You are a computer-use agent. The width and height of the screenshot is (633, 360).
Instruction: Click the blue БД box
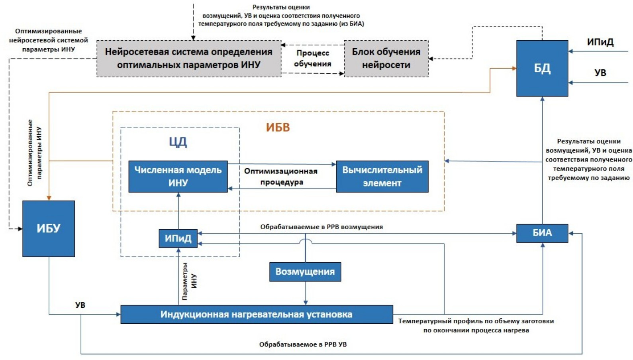click(x=542, y=68)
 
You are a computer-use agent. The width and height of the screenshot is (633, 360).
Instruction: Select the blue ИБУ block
click(x=49, y=228)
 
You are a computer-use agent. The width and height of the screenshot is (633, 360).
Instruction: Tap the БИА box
click(x=542, y=233)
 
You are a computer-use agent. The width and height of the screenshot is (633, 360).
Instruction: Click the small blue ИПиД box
click(x=178, y=238)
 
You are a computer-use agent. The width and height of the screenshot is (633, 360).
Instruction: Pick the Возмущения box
click(x=305, y=272)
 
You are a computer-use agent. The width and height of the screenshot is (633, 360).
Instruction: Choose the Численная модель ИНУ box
click(x=178, y=177)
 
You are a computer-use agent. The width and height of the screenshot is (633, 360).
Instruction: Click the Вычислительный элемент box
click(x=382, y=177)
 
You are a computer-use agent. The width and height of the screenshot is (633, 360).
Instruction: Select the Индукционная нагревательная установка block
click(x=257, y=315)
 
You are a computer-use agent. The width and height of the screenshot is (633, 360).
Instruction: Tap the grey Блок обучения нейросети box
click(x=386, y=59)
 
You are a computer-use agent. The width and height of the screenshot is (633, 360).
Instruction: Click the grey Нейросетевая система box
click(x=188, y=59)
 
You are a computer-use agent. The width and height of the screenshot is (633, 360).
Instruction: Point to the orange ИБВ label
click(x=278, y=128)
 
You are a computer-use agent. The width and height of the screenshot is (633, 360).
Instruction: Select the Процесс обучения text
click(x=313, y=59)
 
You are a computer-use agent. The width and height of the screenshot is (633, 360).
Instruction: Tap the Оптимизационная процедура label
click(x=281, y=177)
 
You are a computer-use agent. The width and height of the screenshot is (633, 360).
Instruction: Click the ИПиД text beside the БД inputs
click(x=600, y=42)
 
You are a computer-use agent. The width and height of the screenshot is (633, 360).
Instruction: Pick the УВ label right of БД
click(x=600, y=73)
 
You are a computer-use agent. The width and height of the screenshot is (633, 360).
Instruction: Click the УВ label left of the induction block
click(x=80, y=305)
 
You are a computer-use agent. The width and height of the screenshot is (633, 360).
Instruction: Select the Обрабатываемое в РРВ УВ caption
click(x=303, y=344)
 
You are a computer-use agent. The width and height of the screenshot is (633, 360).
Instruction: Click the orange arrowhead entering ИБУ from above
click(x=49, y=198)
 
